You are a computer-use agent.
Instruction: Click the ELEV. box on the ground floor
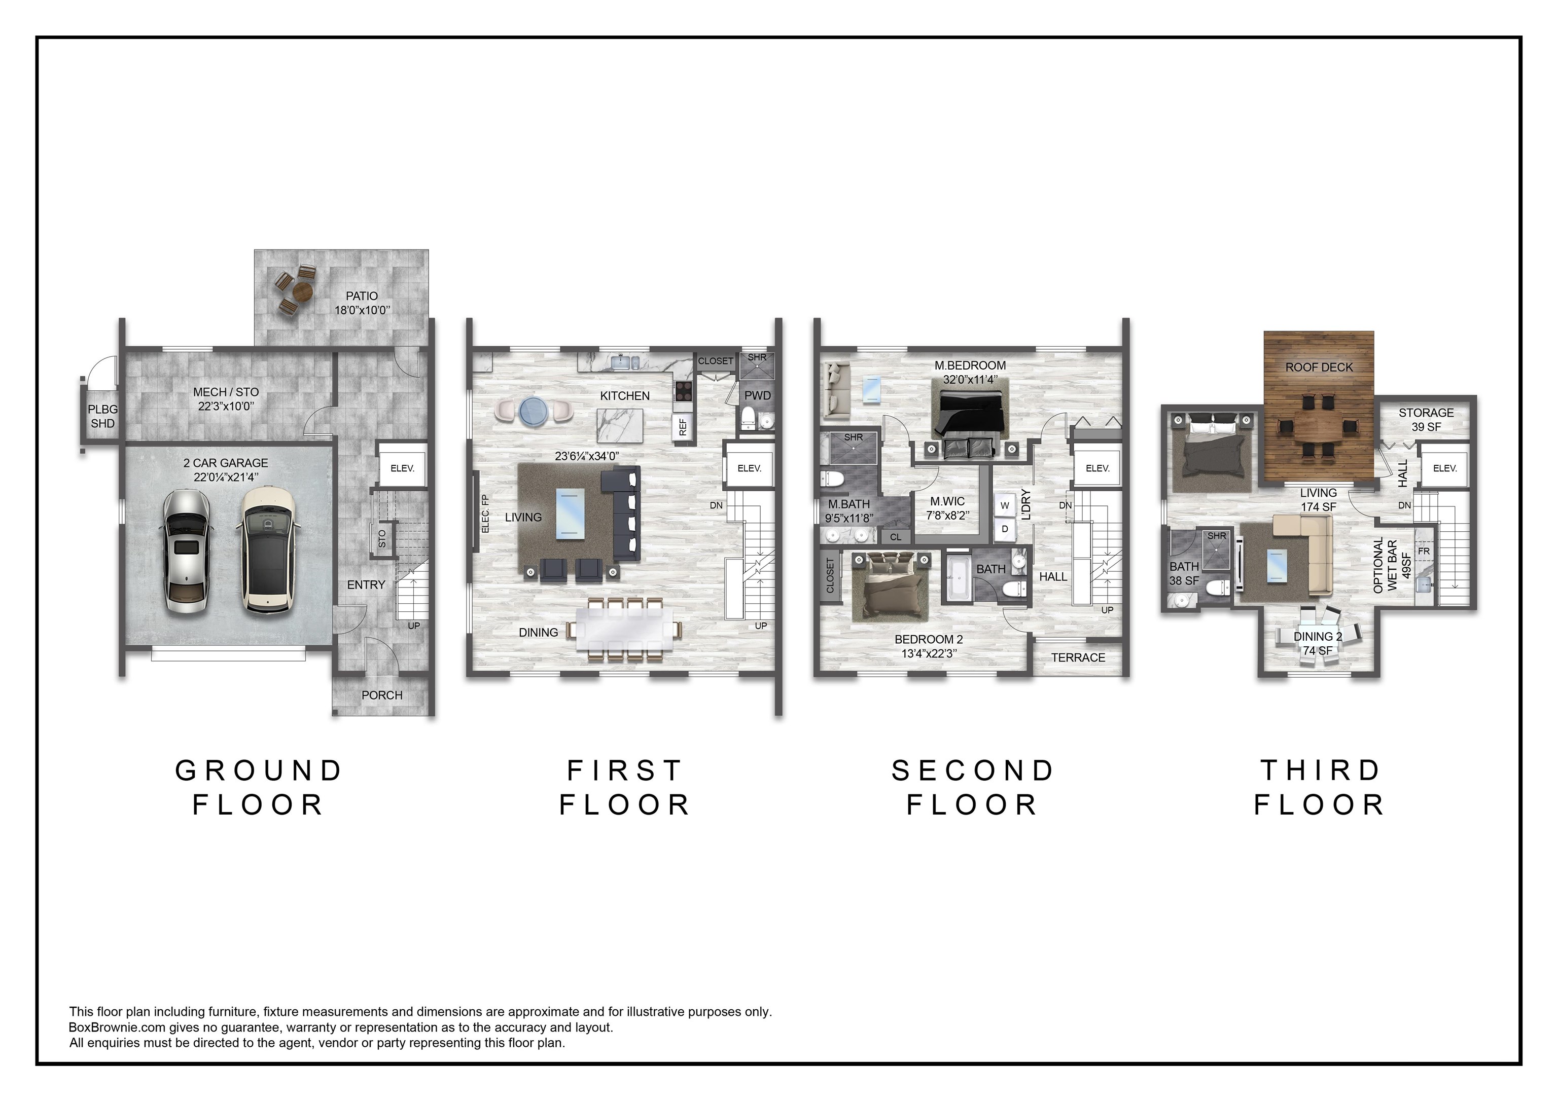402,468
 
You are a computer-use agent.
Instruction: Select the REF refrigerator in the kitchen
683,427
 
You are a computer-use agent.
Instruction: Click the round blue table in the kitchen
534,411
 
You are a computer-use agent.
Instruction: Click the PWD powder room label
757,395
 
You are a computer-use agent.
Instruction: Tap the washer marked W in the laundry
1005,505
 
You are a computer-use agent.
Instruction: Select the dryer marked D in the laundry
1005,529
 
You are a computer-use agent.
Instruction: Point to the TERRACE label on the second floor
1078,657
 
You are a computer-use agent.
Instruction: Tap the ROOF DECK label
1319,368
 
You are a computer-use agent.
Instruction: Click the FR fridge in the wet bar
1424,552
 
